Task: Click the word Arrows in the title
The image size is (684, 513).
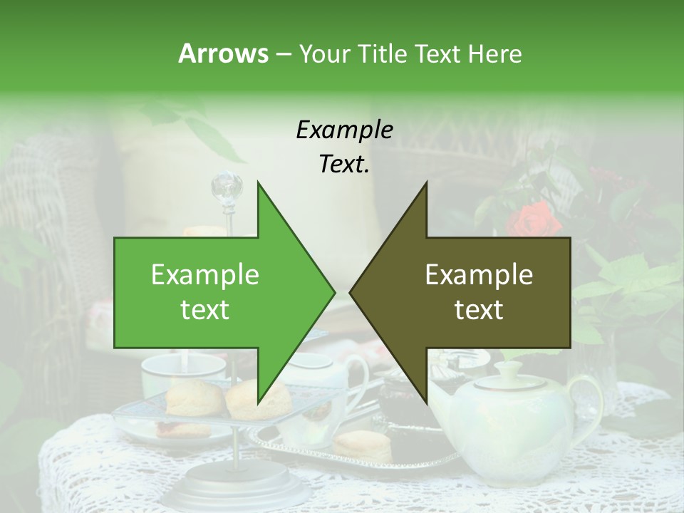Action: [224, 53]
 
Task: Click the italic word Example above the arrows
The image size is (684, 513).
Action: [344, 130]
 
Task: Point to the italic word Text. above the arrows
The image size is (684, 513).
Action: [344, 165]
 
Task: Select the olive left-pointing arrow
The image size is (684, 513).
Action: [470, 292]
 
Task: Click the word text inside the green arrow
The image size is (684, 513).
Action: [204, 310]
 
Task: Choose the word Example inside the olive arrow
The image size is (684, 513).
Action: [479, 275]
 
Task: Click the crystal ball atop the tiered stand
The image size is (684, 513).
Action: [227, 188]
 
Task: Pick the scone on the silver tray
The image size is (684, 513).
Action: [363, 445]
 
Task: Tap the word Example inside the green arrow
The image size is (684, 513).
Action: [205, 275]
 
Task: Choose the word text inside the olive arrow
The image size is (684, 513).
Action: [479, 310]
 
